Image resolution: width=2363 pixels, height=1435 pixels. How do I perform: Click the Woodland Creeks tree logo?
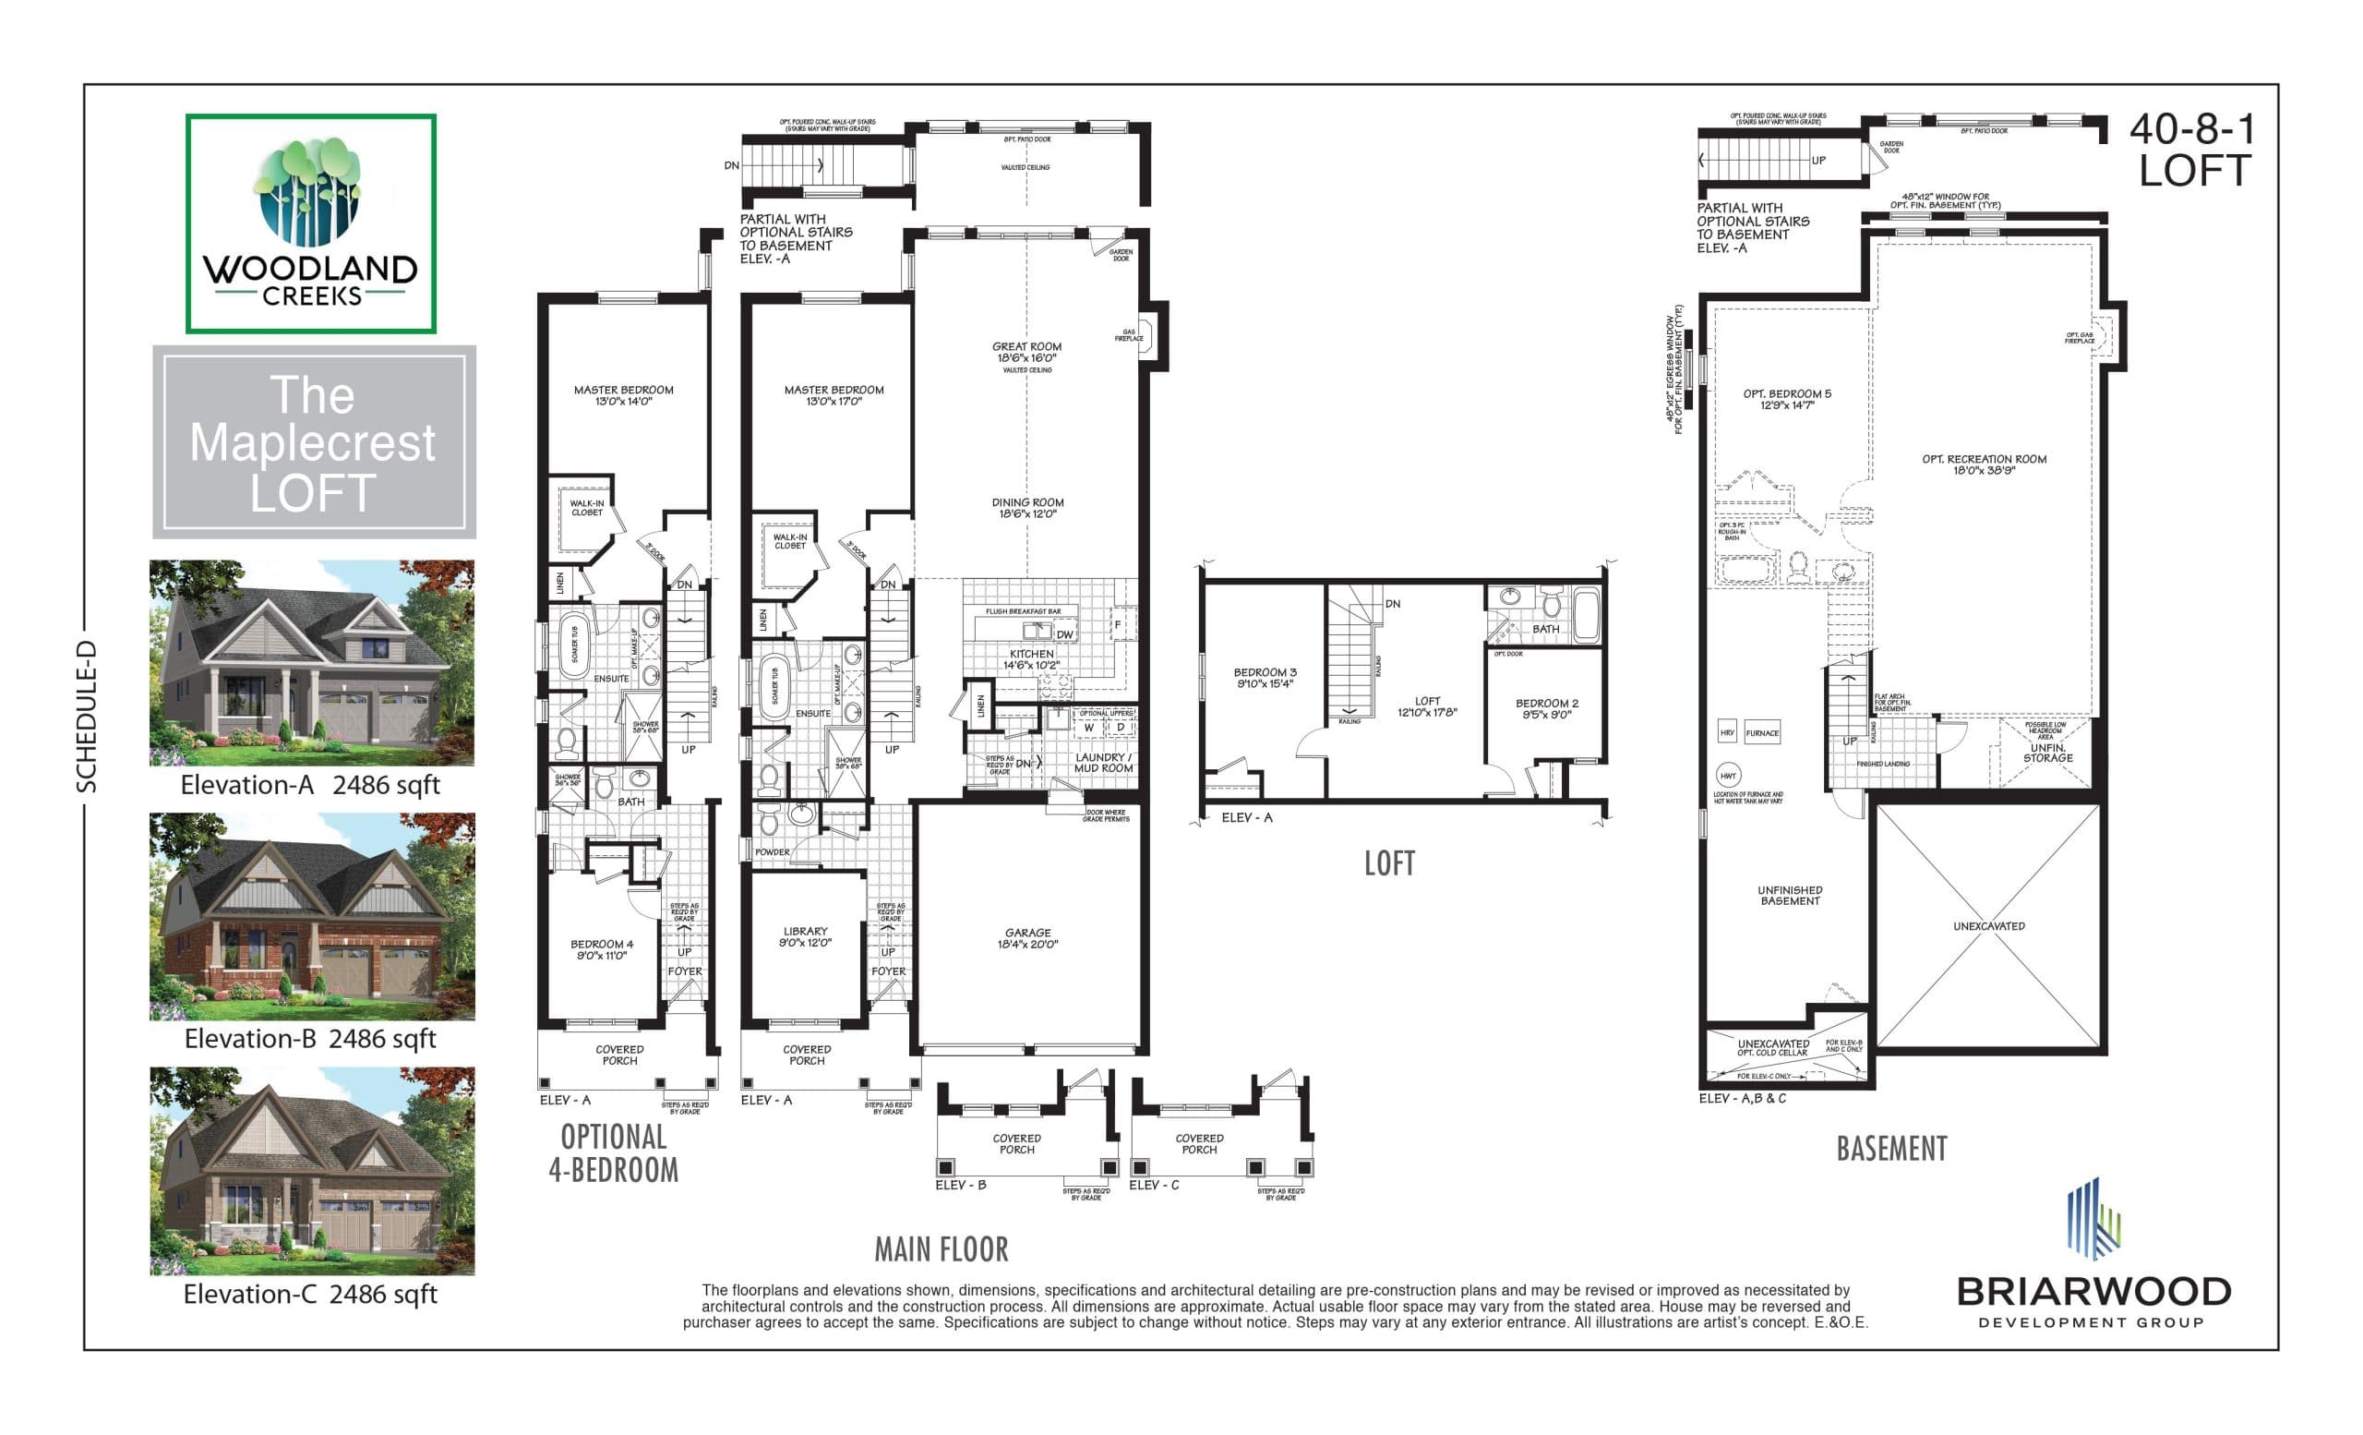310,192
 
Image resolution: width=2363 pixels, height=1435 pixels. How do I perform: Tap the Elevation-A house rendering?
312,662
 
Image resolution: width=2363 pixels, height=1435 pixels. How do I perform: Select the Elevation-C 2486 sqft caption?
310,1294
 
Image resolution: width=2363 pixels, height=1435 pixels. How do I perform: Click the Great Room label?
1026,352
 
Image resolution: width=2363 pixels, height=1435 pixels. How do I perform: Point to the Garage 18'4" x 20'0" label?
1027,938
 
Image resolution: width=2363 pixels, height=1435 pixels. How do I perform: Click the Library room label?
805,936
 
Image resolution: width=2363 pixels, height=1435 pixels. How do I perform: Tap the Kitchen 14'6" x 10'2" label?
1031,659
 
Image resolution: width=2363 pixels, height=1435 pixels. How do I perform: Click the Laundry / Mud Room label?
1102,763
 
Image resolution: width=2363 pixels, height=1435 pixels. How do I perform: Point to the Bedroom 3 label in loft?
1264,677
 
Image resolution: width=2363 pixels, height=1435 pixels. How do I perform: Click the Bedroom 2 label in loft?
1546,708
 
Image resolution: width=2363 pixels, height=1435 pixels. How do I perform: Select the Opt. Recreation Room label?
1984,464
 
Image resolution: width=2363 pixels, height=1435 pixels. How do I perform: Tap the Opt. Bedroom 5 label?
1787,399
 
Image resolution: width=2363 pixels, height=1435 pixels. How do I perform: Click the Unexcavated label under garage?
1988,926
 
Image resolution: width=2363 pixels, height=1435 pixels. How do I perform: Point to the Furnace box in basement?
1762,733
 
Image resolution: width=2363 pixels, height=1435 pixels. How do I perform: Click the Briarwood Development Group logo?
2093,1257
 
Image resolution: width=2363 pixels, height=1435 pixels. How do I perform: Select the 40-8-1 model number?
2191,129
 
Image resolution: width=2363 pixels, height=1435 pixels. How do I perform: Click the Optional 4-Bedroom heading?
613,1153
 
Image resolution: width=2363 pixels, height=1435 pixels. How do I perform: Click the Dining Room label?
1026,508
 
